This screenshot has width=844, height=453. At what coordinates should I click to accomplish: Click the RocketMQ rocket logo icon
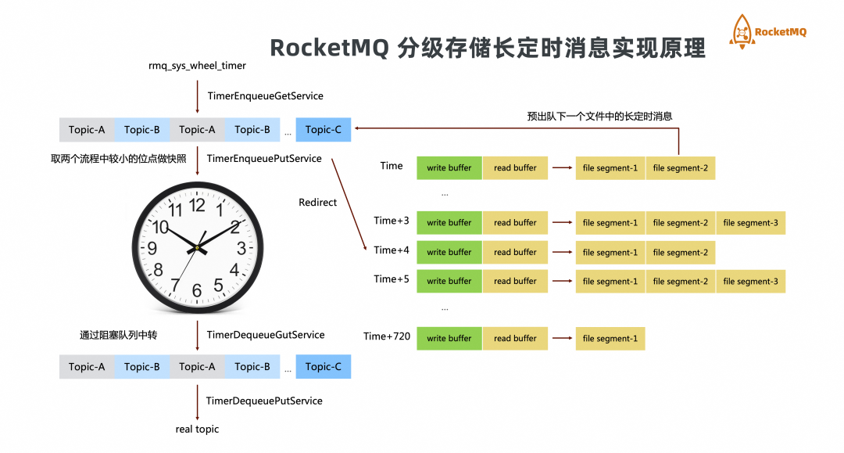(742, 32)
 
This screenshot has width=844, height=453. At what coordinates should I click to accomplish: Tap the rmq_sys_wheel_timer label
(197, 66)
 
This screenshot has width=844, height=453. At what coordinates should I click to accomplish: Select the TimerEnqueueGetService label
(266, 96)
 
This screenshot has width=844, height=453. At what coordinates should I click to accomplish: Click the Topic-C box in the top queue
(323, 130)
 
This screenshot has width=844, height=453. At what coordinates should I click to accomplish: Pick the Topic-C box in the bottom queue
(323, 367)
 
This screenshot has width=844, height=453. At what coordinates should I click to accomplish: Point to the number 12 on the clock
(197, 205)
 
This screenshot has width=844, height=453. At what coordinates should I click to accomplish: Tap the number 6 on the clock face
(197, 290)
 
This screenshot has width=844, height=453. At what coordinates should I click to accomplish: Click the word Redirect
(317, 203)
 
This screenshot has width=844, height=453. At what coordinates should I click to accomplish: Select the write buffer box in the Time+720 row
(449, 339)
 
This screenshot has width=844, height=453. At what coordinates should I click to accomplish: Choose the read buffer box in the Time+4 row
(515, 252)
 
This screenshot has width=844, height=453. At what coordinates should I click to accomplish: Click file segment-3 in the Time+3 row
(750, 223)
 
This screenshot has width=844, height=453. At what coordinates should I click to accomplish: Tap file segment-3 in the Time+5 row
(750, 281)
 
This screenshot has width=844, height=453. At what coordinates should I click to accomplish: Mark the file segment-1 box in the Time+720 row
(610, 339)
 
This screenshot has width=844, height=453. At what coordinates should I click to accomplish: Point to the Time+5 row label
(392, 279)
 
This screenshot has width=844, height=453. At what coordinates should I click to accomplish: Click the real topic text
(197, 430)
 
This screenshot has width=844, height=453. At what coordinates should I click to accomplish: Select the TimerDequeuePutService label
(264, 401)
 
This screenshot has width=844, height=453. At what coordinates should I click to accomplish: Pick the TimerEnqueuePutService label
(264, 158)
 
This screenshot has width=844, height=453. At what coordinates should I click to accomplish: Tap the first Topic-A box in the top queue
(87, 130)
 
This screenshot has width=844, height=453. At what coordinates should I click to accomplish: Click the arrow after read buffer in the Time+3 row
(562, 222)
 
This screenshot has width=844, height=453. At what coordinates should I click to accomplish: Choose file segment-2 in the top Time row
(681, 168)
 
